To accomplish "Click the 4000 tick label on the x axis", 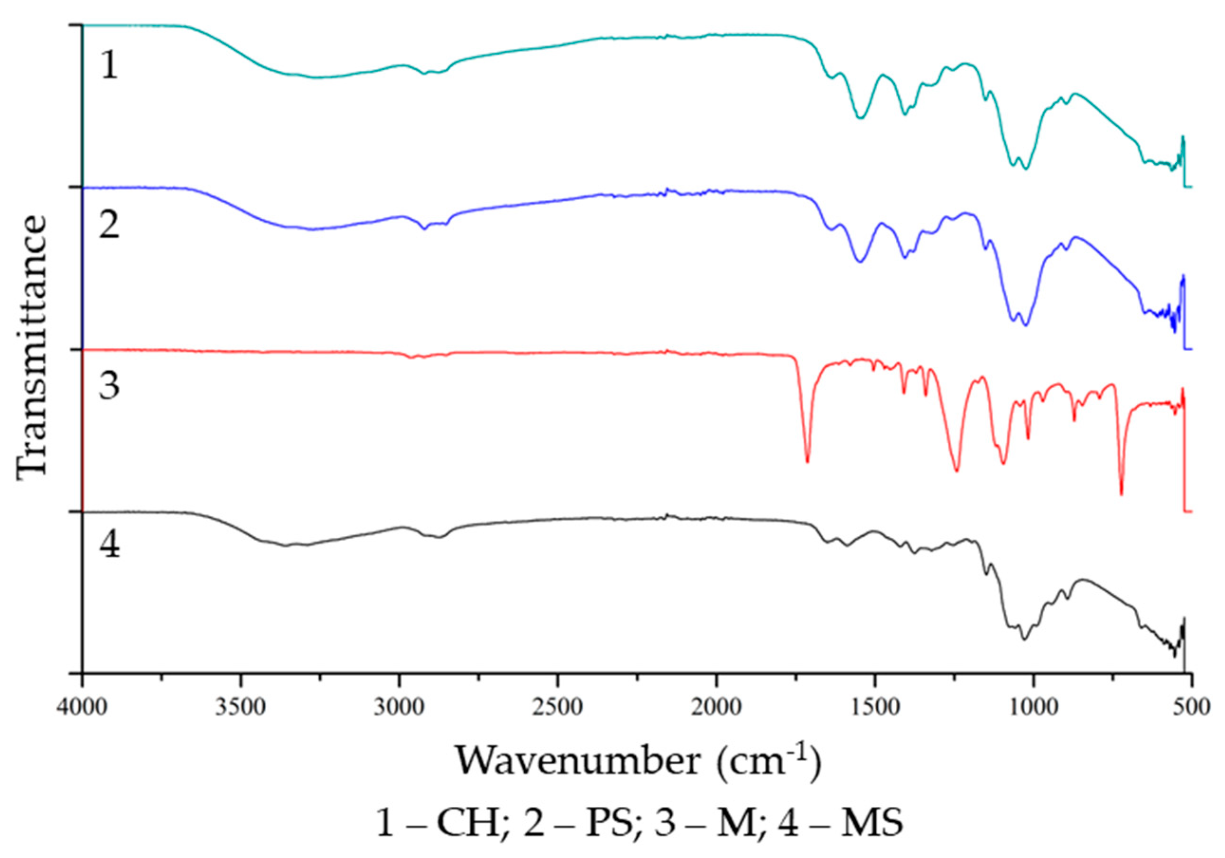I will click(x=82, y=707).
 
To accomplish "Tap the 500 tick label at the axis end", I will click(x=1193, y=707).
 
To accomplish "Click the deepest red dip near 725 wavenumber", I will click(x=1121, y=494).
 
